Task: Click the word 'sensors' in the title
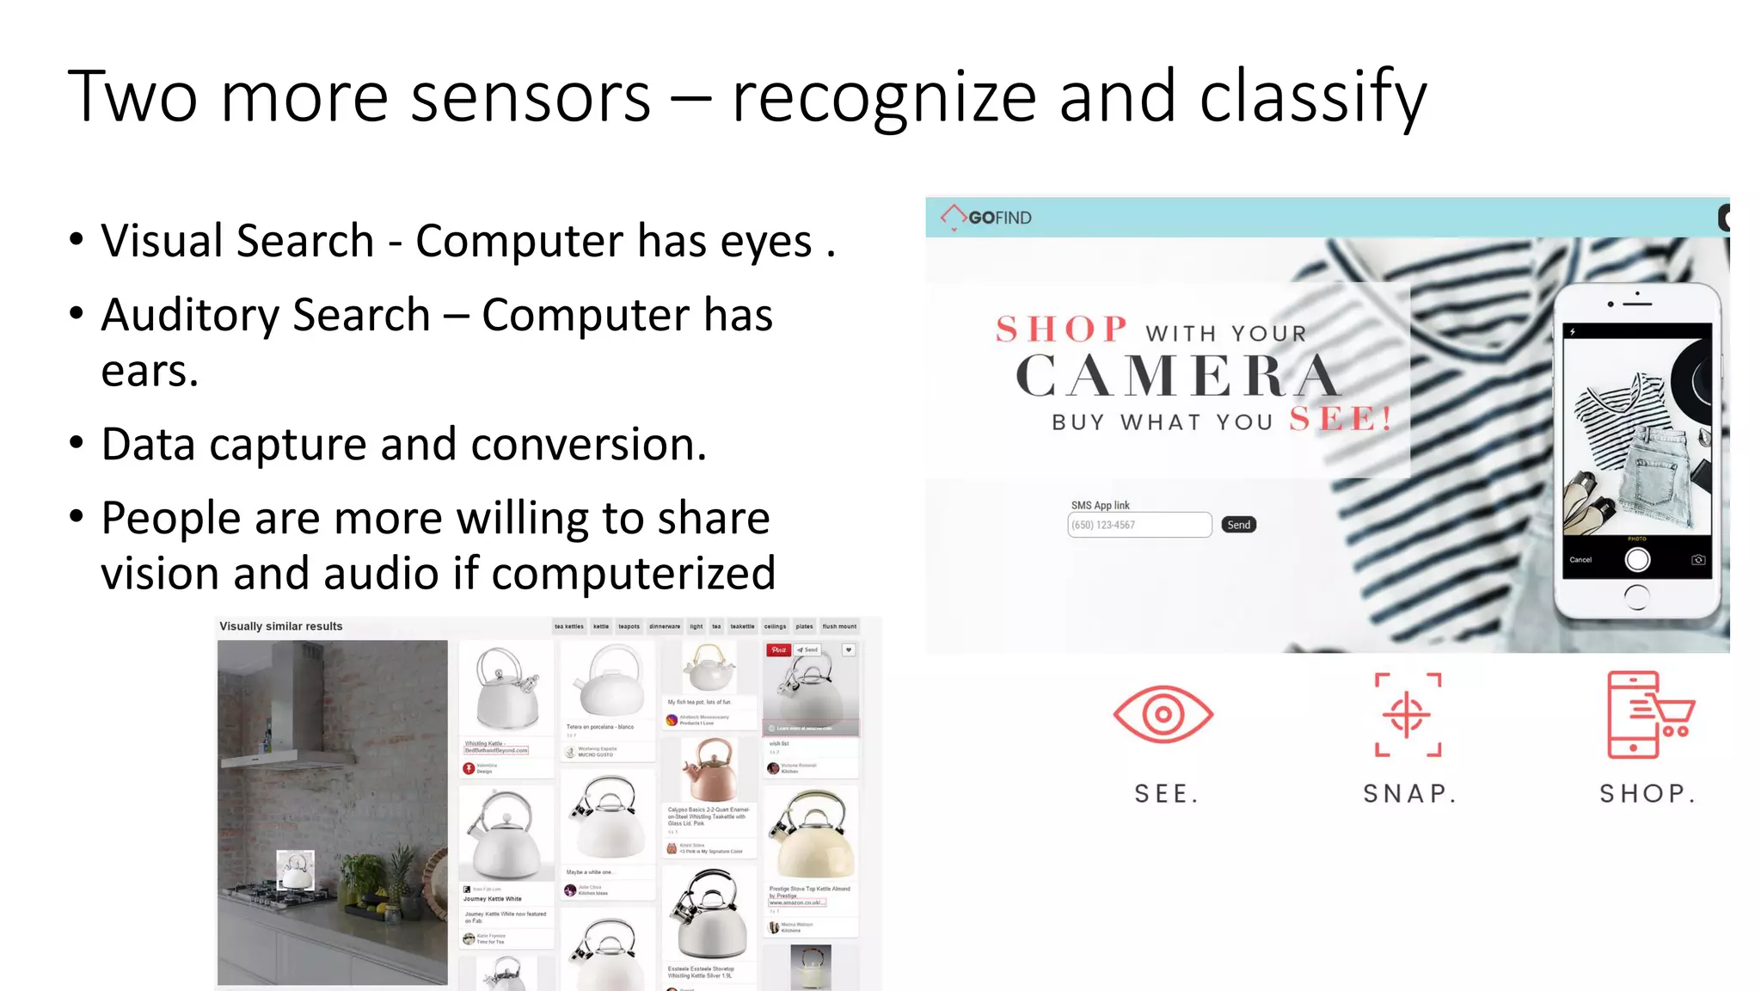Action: tap(530, 97)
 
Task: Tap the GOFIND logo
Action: tap(986, 218)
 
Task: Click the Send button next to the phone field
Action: tap(1238, 525)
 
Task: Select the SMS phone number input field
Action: tap(1139, 525)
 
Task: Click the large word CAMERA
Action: tap(1177, 377)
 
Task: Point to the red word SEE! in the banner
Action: tap(1341, 420)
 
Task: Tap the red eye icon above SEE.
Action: tap(1163, 714)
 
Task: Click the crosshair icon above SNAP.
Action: tap(1408, 715)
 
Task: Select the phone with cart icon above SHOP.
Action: tap(1648, 715)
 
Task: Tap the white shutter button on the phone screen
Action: tap(1637, 560)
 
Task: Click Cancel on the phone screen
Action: tap(1580, 560)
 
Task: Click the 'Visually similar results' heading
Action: tap(280, 626)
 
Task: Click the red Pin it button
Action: tap(778, 650)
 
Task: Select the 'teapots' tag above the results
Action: tap(629, 626)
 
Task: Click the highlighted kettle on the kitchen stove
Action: tap(295, 871)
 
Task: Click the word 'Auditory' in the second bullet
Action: tap(265, 315)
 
